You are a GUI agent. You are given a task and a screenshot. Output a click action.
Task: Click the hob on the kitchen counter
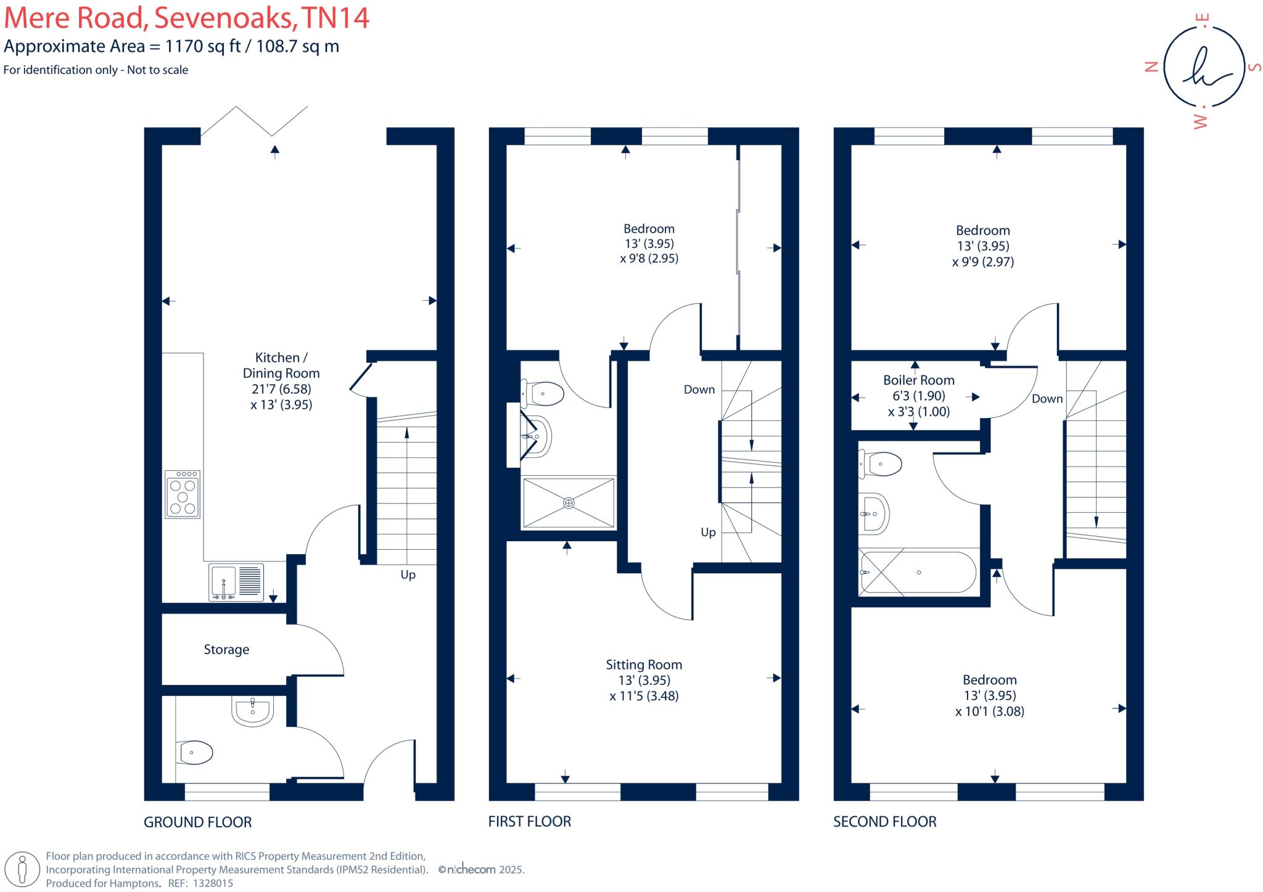[183, 494]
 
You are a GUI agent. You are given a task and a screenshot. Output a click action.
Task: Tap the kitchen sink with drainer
[236, 581]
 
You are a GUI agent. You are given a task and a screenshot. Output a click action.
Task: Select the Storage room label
[226, 649]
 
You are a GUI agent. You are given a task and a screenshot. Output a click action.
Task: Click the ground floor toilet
[194, 752]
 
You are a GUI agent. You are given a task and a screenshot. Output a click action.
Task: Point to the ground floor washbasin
[253, 711]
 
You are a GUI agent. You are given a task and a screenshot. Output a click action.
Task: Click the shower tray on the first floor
[569, 502]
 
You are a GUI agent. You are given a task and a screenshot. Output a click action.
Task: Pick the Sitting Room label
[644, 665]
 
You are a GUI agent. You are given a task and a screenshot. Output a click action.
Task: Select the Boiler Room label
[918, 380]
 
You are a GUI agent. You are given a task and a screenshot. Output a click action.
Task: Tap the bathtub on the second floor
[918, 572]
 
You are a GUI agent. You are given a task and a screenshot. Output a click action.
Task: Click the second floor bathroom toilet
[881, 464]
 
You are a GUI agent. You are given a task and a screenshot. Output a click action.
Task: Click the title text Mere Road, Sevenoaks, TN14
[186, 18]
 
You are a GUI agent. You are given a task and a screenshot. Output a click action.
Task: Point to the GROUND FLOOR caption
[197, 822]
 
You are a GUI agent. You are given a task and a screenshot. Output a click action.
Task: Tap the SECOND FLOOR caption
[884, 821]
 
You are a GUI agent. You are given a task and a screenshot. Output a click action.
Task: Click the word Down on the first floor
[699, 390]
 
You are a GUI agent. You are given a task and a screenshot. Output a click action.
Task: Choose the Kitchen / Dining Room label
[281, 365]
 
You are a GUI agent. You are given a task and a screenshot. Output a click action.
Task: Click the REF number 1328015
[213, 883]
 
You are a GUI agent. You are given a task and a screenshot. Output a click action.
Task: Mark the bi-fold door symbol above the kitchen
[254, 120]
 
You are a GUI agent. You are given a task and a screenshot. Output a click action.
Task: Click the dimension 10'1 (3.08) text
[989, 711]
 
